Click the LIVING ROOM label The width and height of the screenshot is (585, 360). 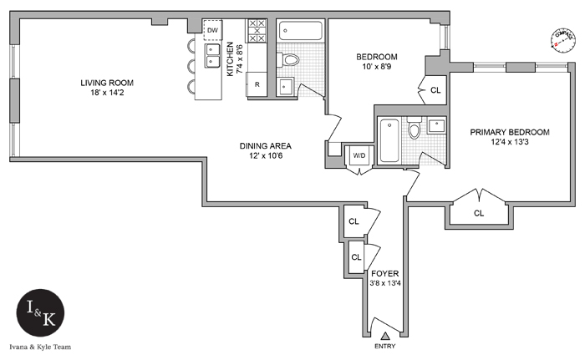(x=107, y=83)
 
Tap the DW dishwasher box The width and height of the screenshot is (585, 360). (x=212, y=31)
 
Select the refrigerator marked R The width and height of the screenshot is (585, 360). (x=257, y=85)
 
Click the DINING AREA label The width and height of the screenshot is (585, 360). (x=264, y=145)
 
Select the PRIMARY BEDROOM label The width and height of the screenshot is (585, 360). (x=509, y=132)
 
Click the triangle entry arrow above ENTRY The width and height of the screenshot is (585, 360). (x=385, y=335)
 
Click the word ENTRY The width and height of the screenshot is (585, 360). (x=385, y=346)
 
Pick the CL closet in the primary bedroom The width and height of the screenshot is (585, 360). (x=478, y=213)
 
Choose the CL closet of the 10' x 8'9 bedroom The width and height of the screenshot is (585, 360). (x=435, y=90)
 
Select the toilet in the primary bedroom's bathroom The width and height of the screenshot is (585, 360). (x=414, y=130)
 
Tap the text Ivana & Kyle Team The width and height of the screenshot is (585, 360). (x=42, y=345)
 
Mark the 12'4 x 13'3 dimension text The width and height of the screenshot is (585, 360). (x=509, y=143)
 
